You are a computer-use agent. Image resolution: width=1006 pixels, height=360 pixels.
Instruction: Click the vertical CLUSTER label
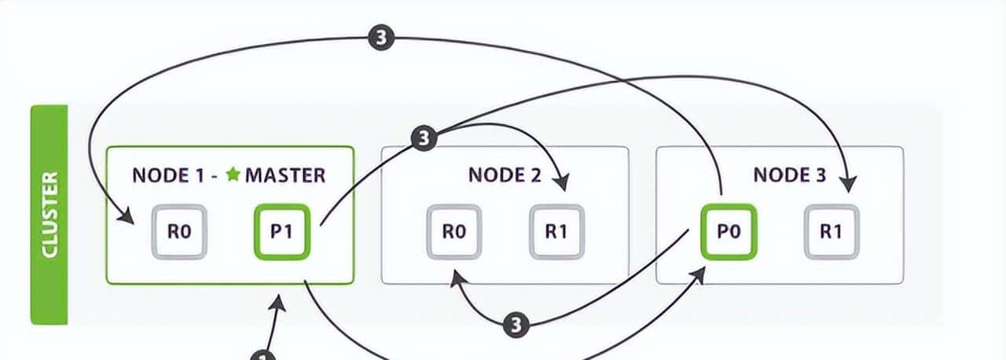point(50,214)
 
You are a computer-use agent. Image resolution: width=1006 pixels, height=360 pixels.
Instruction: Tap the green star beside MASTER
point(233,174)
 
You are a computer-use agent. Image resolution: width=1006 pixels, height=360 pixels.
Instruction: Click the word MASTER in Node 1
point(285,174)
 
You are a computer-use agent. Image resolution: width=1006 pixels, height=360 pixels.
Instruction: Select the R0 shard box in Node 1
point(179,232)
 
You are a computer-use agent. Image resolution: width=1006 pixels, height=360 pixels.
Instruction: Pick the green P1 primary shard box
point(282,232)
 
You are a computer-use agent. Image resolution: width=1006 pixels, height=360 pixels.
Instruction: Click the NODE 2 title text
point(505,174)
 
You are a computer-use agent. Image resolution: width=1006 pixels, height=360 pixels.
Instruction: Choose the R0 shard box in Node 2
point(454,232)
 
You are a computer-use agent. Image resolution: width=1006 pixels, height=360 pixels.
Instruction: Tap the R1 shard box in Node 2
point(556,232)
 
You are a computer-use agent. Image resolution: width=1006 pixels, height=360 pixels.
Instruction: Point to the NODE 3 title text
point(789,174)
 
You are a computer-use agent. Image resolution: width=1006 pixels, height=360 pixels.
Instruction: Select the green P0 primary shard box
point(729,232)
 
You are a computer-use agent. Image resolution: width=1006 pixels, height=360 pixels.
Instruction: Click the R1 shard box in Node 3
point(831,232)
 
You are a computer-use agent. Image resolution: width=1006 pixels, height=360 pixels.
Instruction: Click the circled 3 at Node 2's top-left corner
point(423,139)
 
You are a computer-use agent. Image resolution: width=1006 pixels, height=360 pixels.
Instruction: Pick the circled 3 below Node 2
point(516,323)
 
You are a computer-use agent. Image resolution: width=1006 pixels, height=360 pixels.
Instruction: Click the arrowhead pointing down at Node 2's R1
point(561,183)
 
